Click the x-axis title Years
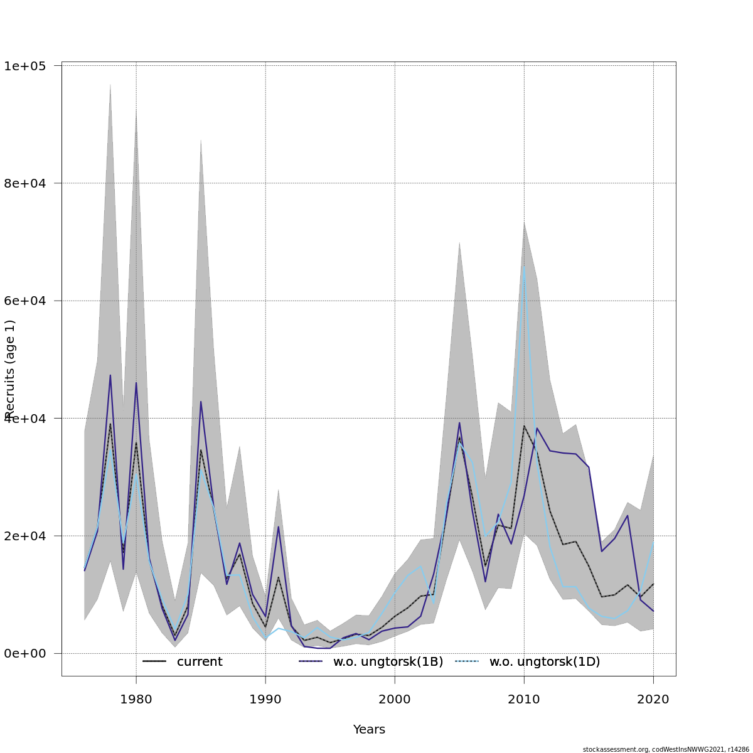(x=369, y=730)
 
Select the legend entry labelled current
(x=199, y=662)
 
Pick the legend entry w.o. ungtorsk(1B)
(x=388, y=662)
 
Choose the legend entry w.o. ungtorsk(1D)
(x=544, y=662)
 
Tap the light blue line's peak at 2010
(x=524, y=267)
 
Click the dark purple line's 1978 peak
(x=110, y=375)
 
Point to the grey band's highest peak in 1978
(x=110, y=84)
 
